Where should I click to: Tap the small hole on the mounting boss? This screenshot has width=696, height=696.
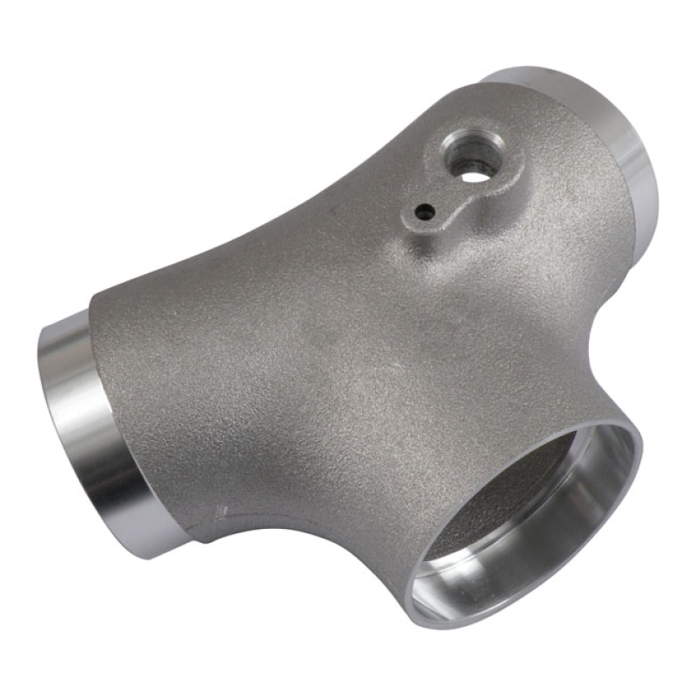coord(424,211)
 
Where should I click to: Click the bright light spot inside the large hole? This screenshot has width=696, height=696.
coord(472,177)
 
